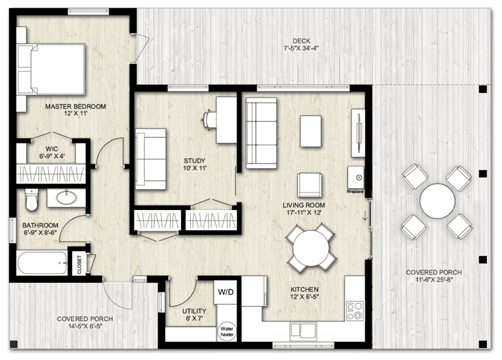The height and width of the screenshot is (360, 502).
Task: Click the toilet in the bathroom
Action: coord(32,201)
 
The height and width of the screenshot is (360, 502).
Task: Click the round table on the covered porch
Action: coord(437,201)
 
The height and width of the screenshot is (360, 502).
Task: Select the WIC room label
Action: coord(35,149)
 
